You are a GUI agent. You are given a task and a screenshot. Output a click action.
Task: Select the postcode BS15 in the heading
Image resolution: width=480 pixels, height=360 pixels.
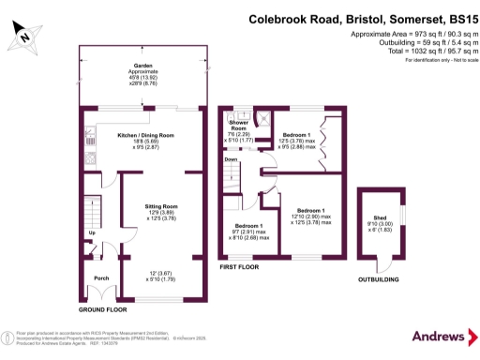pyautogui.click(x=457, y=18)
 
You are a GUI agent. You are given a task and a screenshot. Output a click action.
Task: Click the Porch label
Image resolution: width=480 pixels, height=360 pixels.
pyautogui.click(x=101, y=276)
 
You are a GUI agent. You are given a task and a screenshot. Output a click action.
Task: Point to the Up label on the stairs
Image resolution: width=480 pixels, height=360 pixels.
pyautogui.click(x=92, y=232)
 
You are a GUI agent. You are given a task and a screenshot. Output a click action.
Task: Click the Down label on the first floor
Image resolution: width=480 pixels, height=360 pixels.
pyautogui.click(x=232, y=159)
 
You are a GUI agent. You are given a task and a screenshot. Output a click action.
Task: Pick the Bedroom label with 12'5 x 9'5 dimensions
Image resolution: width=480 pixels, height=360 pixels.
pyautogui.click(x=295, y=134)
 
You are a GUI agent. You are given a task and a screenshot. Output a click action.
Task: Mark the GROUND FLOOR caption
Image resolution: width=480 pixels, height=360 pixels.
pyautogui.click(x=103, y=307)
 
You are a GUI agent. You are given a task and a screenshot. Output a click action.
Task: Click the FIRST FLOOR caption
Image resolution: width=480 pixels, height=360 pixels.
pyautogui.click(x=239, y=267)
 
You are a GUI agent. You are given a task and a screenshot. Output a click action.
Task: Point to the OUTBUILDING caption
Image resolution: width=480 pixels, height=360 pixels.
pyautogui.click(x=381, y=278)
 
